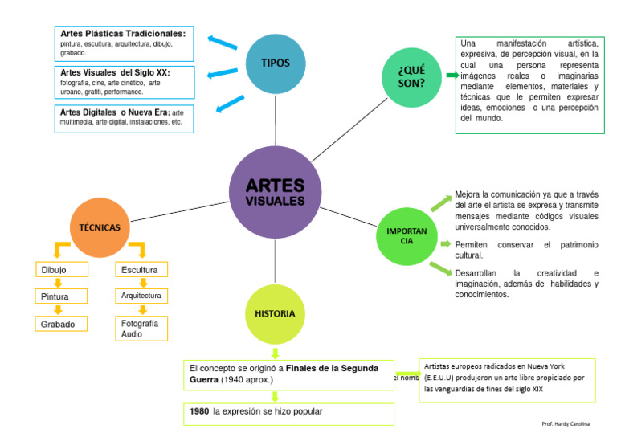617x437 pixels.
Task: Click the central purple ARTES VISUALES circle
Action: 275,192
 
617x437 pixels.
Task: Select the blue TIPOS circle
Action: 275,63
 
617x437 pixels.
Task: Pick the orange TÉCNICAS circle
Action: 100,227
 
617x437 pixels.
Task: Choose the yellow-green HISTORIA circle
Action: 275,313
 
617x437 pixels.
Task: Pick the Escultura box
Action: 141,270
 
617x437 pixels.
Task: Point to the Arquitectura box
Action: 141,296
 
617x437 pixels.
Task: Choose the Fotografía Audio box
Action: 141,328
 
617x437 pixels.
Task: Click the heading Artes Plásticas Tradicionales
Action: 123,34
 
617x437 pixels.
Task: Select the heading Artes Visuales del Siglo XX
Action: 115,71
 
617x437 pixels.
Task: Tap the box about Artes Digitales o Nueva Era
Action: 124,117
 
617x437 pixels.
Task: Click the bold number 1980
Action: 199,411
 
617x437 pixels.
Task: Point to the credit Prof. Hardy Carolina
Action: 566,423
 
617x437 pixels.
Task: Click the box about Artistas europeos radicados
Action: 507,378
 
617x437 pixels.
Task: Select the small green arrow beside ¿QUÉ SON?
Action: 450,76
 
